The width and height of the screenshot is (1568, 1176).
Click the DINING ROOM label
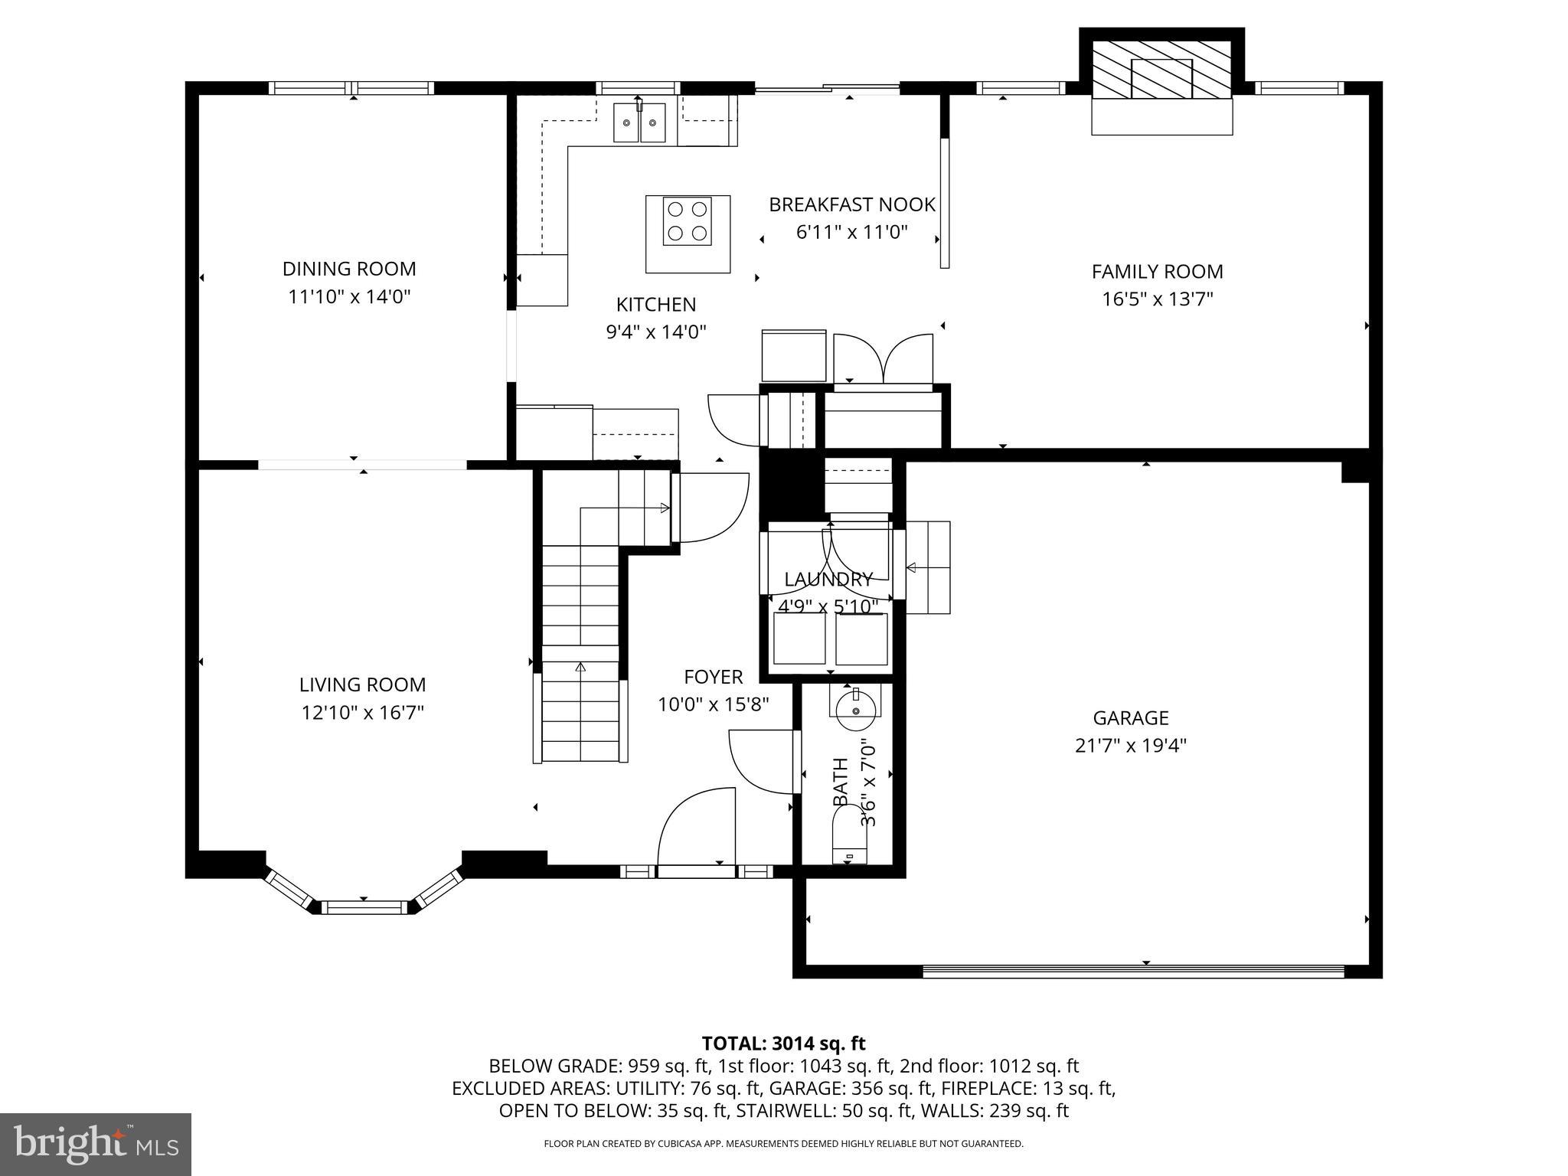coord(349,269)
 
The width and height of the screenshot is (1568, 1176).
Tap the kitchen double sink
coord(639,123)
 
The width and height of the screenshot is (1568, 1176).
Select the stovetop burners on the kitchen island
coord(687,221)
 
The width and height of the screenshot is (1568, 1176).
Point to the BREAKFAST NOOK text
coord(851,205)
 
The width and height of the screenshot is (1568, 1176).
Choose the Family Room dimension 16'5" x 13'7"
coord(1157,299)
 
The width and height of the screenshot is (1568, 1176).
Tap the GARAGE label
coord(1130,718)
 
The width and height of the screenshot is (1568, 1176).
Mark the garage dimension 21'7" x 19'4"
coord(1130,746)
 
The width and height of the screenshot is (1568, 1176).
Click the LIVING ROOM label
coord(362,684)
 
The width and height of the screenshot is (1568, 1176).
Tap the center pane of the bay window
coord(363,907)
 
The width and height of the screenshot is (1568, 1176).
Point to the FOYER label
coord(713,677)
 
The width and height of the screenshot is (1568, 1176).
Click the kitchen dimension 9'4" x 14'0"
coord(655,332)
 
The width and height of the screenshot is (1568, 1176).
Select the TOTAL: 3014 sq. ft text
coord(783,1044)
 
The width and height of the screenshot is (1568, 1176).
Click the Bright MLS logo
coord(96,1144)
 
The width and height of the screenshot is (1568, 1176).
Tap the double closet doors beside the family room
coord(883,358)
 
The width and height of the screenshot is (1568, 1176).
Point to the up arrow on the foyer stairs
coord(580,668)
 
